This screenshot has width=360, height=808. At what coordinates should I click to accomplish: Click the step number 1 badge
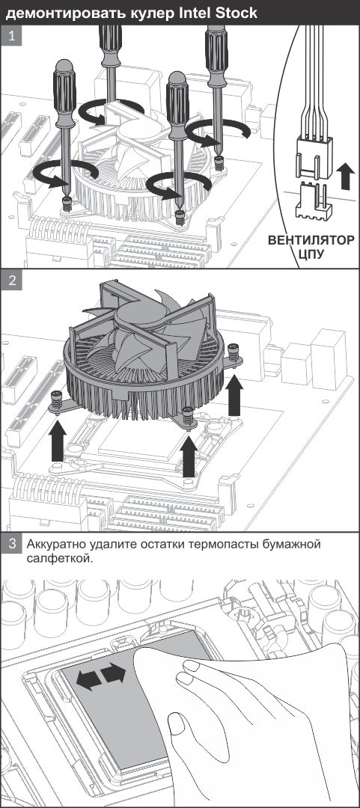(11, 37)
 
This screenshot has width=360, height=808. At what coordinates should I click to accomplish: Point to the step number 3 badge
(11, 544)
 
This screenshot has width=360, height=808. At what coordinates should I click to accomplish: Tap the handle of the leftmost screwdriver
(64, 94)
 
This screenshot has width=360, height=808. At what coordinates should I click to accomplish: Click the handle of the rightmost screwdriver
(216, 49)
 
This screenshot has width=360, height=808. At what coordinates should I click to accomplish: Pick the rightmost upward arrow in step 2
(235, 395)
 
